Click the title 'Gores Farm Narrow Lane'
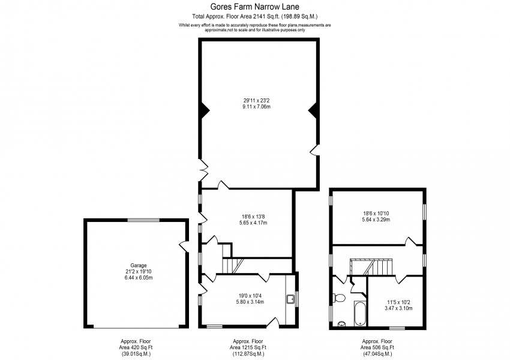pos(254,7)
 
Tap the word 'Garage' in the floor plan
pos(139,265)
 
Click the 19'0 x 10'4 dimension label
pos(247,298)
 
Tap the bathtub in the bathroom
pos(359,314)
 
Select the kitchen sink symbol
pos(290,298)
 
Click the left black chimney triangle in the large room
pos(203,110)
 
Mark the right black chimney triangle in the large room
pos(313,110)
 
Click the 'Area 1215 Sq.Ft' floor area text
pos(248,347)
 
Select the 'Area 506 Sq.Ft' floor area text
pos(377,347)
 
